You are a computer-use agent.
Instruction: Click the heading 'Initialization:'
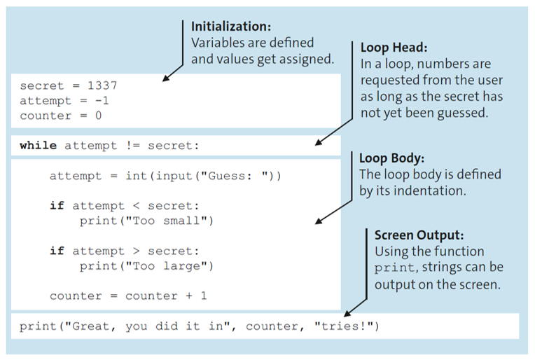(230, 27)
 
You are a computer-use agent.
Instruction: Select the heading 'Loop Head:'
(393, 48)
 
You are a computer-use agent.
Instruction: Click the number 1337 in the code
(102, 86)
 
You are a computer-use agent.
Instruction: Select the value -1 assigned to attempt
(102, 101)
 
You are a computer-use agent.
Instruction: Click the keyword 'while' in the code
(39, 146)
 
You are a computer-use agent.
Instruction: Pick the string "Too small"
(174, 221)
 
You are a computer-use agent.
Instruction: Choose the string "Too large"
(174, 265)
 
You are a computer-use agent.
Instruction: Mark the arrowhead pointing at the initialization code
(167, 77)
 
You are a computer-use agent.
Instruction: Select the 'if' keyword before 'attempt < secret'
(57, 206)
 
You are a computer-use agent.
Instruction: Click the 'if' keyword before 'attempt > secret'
(57, 251)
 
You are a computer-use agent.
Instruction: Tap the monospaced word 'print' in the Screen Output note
(394, 268)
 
